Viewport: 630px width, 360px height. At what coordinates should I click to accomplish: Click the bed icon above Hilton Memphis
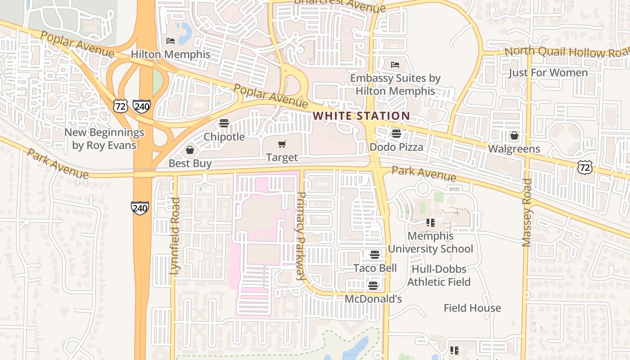[x=171, y=41]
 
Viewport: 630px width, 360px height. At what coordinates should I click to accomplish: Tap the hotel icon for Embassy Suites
[x=395, y=64]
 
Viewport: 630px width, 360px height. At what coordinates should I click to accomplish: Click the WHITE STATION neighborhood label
[x=361, y=116]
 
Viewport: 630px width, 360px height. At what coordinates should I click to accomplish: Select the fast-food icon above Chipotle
[x=224, y=123]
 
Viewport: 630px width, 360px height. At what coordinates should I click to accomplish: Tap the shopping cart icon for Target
[x=282, y=144]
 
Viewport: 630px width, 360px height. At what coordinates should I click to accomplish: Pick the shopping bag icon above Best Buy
[x=190, y=150]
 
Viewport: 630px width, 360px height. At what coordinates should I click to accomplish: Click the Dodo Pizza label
[x=396, y=147]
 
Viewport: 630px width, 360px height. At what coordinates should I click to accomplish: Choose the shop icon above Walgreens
[x=514, y=135]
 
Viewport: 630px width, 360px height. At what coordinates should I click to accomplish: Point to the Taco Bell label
[x=375, y=268]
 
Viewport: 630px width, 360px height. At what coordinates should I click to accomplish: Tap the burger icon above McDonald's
[x=373, y=286]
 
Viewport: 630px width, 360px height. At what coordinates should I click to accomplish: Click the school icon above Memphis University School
[x=431, y=223]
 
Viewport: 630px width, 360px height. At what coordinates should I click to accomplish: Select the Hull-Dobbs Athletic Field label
[x=439, y=275]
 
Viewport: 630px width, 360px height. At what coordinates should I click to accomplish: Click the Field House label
[x=472, y=308]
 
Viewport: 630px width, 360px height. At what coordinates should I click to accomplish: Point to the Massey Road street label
[x=526, y=213]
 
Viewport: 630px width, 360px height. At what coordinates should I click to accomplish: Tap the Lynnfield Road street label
[x=175, y=236]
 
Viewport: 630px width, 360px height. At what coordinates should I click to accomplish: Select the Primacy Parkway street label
[x=301, y=237]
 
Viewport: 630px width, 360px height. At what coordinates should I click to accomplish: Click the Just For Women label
[x=548, y=73]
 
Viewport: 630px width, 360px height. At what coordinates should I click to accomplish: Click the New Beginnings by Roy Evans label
[x=104, y=139]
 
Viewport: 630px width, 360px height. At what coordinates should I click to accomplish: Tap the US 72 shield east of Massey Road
[x=585, y=167]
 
